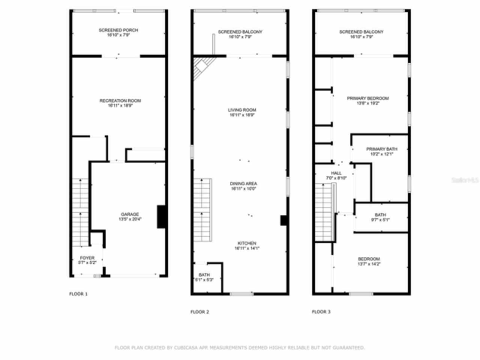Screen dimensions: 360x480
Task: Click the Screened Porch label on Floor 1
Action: point(118,33)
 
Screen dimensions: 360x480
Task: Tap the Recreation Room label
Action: point(120,103)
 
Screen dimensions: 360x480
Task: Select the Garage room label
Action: point(130,217)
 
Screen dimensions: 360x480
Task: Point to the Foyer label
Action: point(87,260)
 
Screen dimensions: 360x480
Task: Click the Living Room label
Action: point(242,112)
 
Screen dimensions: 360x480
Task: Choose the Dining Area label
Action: point(243,186)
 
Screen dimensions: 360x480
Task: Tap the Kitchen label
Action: point(247,246)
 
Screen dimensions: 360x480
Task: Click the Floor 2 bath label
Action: point(204,277)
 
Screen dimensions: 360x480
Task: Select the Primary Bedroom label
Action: point(367,100)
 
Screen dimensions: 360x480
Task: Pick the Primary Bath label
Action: point(382,151)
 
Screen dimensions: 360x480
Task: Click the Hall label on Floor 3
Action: point(336,175)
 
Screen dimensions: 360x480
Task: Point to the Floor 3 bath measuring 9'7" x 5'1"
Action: point(380,217)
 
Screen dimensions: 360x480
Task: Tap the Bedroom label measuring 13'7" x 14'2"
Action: point(369,261)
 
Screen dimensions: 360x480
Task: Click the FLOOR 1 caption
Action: point(78,294)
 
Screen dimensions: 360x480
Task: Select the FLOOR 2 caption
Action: point(200,312)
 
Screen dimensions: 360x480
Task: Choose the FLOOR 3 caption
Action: point(321,312)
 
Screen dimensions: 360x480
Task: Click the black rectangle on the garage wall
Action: point(161,216)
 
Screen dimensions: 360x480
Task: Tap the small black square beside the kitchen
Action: point(284,220)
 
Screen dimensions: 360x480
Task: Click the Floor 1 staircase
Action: point(81,212)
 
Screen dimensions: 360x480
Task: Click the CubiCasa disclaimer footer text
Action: point(240,348)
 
